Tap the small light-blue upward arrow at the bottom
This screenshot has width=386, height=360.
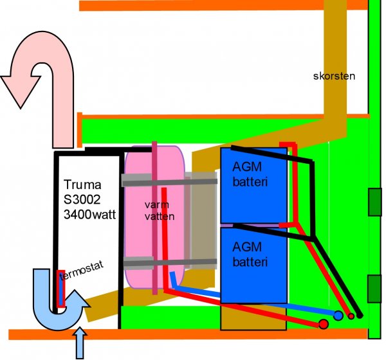[80, 344]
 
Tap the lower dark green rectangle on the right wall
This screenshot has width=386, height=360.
[374, 287]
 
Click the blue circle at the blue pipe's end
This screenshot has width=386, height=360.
[338, 316]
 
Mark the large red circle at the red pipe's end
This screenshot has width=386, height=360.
[324, 324]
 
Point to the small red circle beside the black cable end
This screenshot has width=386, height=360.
[351, 316]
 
